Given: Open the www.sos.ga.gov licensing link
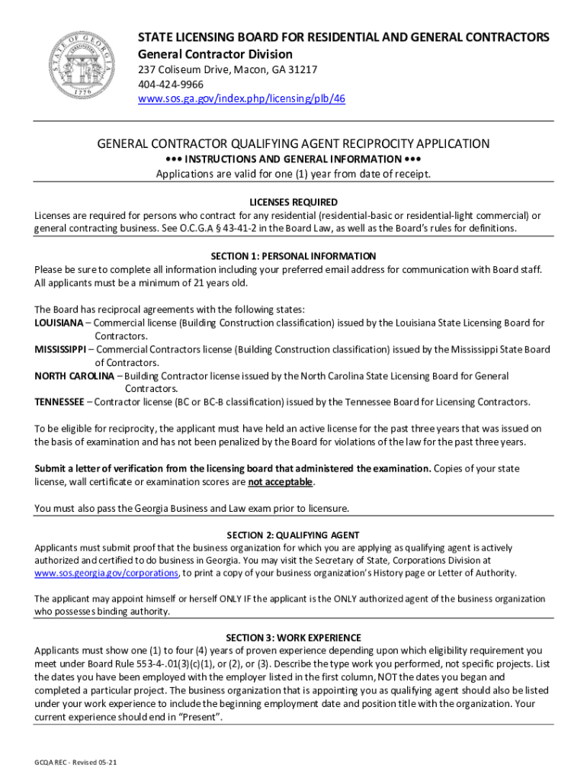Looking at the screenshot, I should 241,99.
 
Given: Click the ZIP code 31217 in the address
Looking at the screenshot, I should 303,69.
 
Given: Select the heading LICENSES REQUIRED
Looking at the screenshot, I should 293,202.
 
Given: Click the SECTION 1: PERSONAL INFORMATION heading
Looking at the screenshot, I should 293,256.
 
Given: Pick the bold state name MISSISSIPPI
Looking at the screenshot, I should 60,349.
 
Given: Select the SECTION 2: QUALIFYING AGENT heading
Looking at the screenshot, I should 293,535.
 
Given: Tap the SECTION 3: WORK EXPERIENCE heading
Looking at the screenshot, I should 293,638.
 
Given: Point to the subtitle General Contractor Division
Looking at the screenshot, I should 214,54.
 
